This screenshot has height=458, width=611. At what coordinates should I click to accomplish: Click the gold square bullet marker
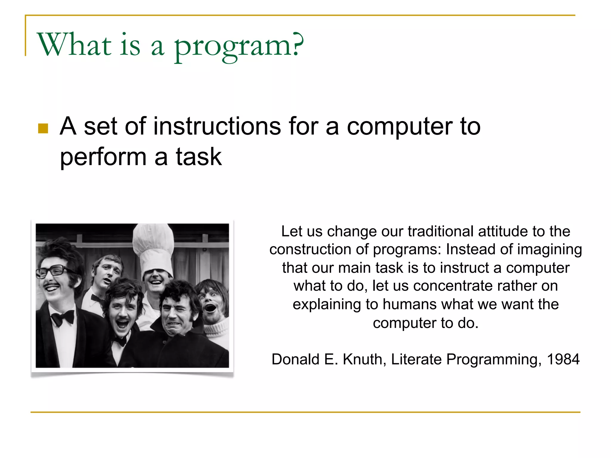click(43, 129)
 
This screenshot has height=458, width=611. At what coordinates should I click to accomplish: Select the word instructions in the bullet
click(217, 126)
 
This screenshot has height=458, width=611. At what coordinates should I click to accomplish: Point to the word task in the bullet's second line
click(199, 157)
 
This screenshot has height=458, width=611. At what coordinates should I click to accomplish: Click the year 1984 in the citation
click(563, 359)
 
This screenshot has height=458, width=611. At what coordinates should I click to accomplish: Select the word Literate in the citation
click(416, 359)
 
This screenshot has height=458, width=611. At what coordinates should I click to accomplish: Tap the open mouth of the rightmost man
click(211, 308)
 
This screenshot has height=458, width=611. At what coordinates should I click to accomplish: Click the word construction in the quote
click(310, 250)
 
